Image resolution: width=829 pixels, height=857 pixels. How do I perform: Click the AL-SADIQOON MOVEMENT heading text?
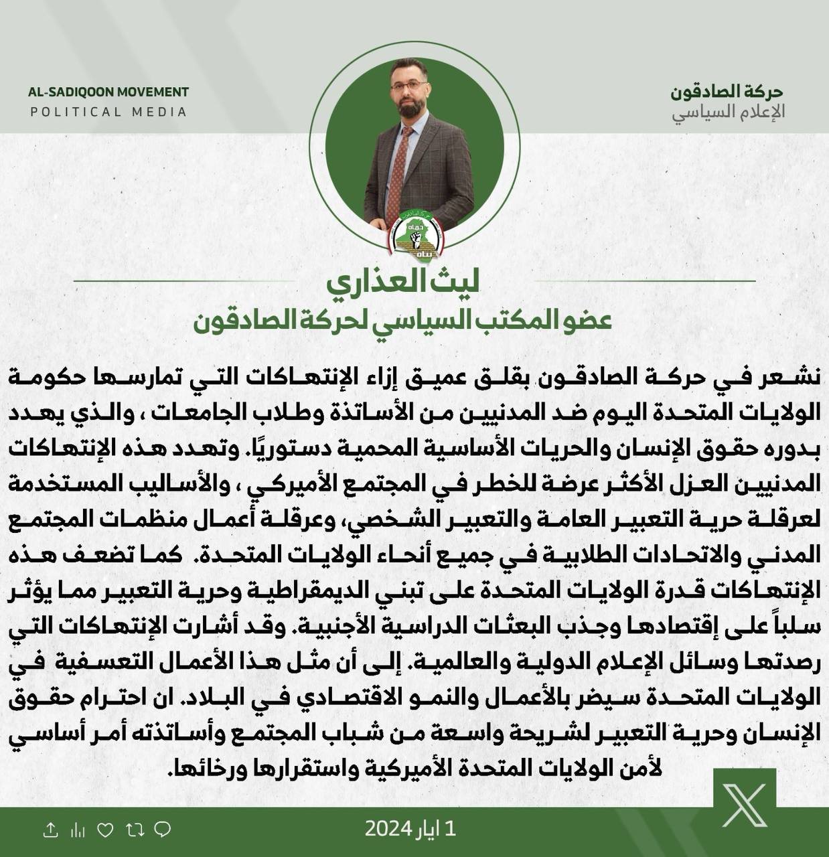click(108, 92)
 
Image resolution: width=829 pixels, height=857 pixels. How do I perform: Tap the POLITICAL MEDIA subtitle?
click(108, 112)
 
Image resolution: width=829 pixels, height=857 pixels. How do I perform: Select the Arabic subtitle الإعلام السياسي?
click(728, 112)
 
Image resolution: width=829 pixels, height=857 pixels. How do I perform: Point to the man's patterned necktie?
click(400, 171)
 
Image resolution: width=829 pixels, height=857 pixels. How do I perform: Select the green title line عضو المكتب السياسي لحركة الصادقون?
click(402, 320)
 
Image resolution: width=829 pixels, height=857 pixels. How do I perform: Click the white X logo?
click(744, 805)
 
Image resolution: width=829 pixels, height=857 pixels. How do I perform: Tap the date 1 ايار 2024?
click(410, 830)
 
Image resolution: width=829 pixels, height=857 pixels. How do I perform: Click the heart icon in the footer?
click(106, 831)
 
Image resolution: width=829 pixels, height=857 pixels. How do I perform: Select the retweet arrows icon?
click(135, 831)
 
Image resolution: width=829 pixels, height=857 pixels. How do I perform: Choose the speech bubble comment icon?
click(162, 831)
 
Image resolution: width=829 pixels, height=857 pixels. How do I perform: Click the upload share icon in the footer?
click(50, 831)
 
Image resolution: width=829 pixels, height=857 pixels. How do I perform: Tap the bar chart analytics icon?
click(78, 831)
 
